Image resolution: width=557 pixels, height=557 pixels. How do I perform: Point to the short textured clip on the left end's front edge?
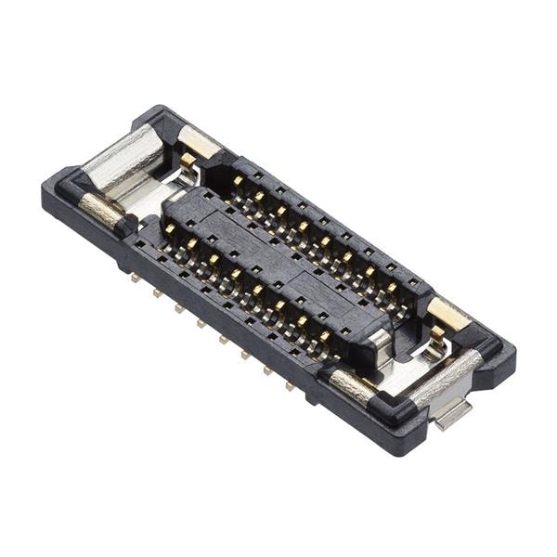100,211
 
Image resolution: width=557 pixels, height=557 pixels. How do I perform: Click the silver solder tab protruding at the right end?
453,413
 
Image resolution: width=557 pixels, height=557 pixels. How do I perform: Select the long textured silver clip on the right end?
447,377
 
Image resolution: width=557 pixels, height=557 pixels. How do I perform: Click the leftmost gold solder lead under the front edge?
136,277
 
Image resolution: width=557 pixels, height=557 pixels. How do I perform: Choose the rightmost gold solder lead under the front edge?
291,385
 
